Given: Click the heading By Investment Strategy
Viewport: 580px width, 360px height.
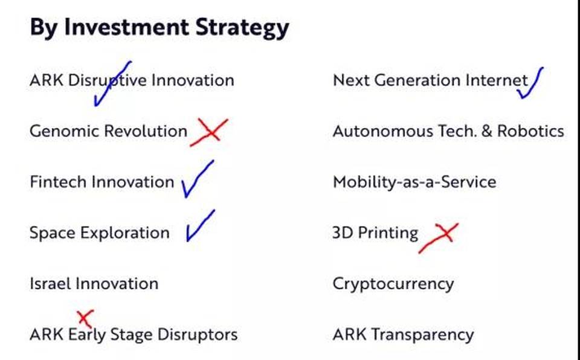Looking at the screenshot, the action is [x=159, y=28].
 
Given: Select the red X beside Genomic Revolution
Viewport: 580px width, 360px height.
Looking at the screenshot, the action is [x=210, y=132].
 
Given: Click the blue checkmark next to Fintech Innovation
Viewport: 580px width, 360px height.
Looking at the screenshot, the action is [x=197, y=179].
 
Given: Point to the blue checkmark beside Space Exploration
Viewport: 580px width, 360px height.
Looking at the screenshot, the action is [x=200, y=226].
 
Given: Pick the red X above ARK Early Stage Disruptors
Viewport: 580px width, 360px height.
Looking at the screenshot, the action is [x=85, y=318].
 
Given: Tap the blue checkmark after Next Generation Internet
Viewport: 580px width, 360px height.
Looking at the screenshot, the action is [x=530, y=83].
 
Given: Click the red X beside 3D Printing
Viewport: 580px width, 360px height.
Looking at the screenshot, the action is [x=439, y=237].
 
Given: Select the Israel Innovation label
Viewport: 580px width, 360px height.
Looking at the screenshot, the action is [x=94, y=284].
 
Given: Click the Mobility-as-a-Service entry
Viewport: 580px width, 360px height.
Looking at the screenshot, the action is [x=414, y=182].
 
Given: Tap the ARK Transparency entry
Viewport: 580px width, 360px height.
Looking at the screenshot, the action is [x=403, y=335].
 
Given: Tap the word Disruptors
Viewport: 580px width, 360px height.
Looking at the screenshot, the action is [x=198, y=335].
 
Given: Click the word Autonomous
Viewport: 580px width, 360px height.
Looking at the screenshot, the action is [x=383, y=131].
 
